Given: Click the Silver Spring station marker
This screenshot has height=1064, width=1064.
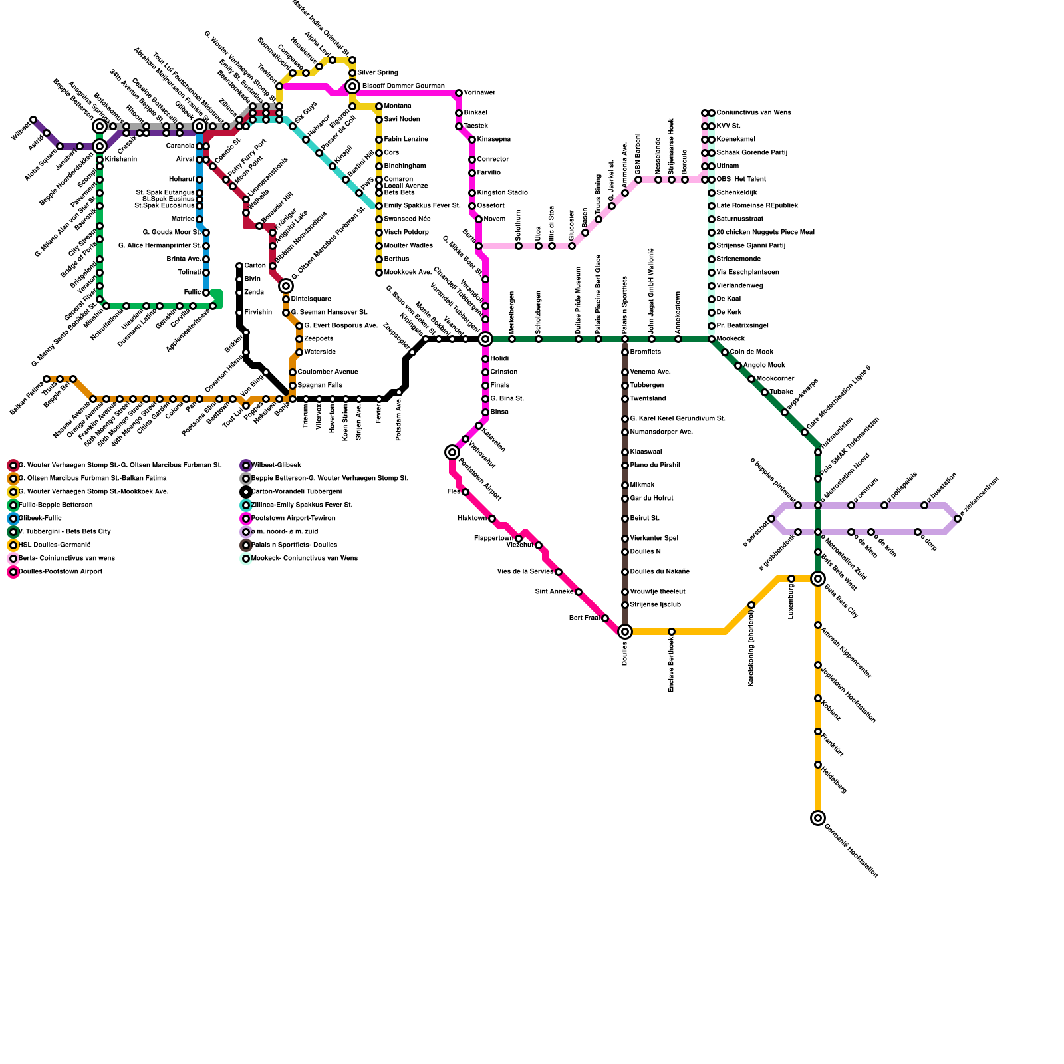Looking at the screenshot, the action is pos(352,73).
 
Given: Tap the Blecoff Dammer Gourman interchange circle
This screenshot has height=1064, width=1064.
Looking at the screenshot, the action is pos(352,86).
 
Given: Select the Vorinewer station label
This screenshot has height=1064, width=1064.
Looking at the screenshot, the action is pos(479,93).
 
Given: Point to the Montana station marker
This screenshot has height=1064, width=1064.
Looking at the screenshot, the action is pos(379,106).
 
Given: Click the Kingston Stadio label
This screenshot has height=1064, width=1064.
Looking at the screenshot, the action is pos(502,193).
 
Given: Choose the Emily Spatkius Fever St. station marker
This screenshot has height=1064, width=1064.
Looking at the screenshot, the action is pos(379,206).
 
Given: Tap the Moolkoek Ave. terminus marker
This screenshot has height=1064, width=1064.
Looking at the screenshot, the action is pos(379,273).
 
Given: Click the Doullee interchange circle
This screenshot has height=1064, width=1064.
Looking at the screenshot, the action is pos(625,632).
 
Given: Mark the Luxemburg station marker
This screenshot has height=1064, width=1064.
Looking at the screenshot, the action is pos(791,579).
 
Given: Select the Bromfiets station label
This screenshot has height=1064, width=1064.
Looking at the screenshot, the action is pos(646,352).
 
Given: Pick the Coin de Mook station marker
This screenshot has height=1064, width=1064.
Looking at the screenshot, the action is pos(725,352).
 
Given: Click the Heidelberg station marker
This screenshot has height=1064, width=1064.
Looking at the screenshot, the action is pos(818,765).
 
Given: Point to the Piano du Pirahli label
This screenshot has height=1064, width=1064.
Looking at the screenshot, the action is pos(655,465).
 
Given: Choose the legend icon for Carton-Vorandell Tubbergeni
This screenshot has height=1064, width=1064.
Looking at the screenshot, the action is pos(246,492).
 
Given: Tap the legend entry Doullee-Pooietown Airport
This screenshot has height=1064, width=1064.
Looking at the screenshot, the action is pos(60,572).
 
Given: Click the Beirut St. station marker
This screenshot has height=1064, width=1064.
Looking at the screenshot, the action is pos(625,519).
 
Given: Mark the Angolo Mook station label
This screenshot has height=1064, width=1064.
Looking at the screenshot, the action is pos(764,366).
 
